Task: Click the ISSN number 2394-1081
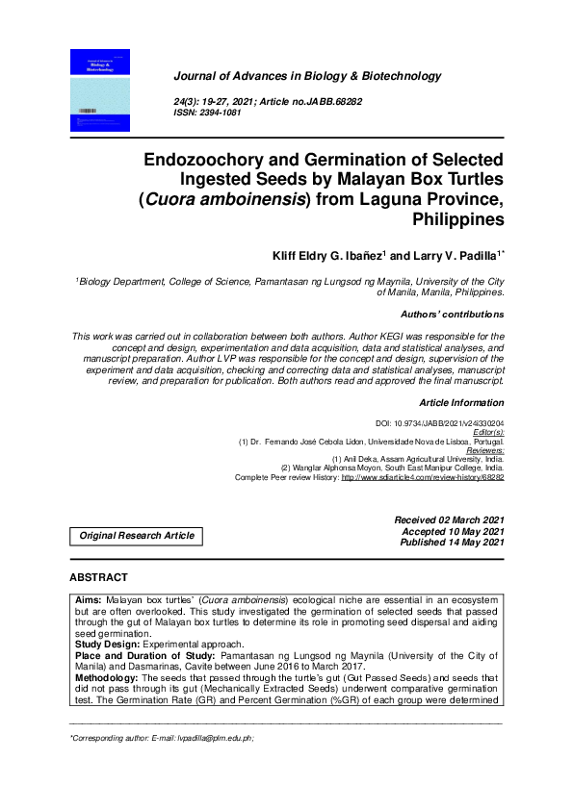[221, 113]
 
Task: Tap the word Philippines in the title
[457, 219]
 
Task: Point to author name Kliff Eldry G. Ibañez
[315, 255]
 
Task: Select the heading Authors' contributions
[452, 315]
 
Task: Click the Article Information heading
[461, 402]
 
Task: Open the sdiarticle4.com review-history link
[423, 477]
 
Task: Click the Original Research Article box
[136, 536]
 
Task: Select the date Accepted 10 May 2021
[453, 532]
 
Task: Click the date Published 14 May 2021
[452, 544]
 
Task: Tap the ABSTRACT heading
[98, 577]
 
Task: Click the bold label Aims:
[90, 599]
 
